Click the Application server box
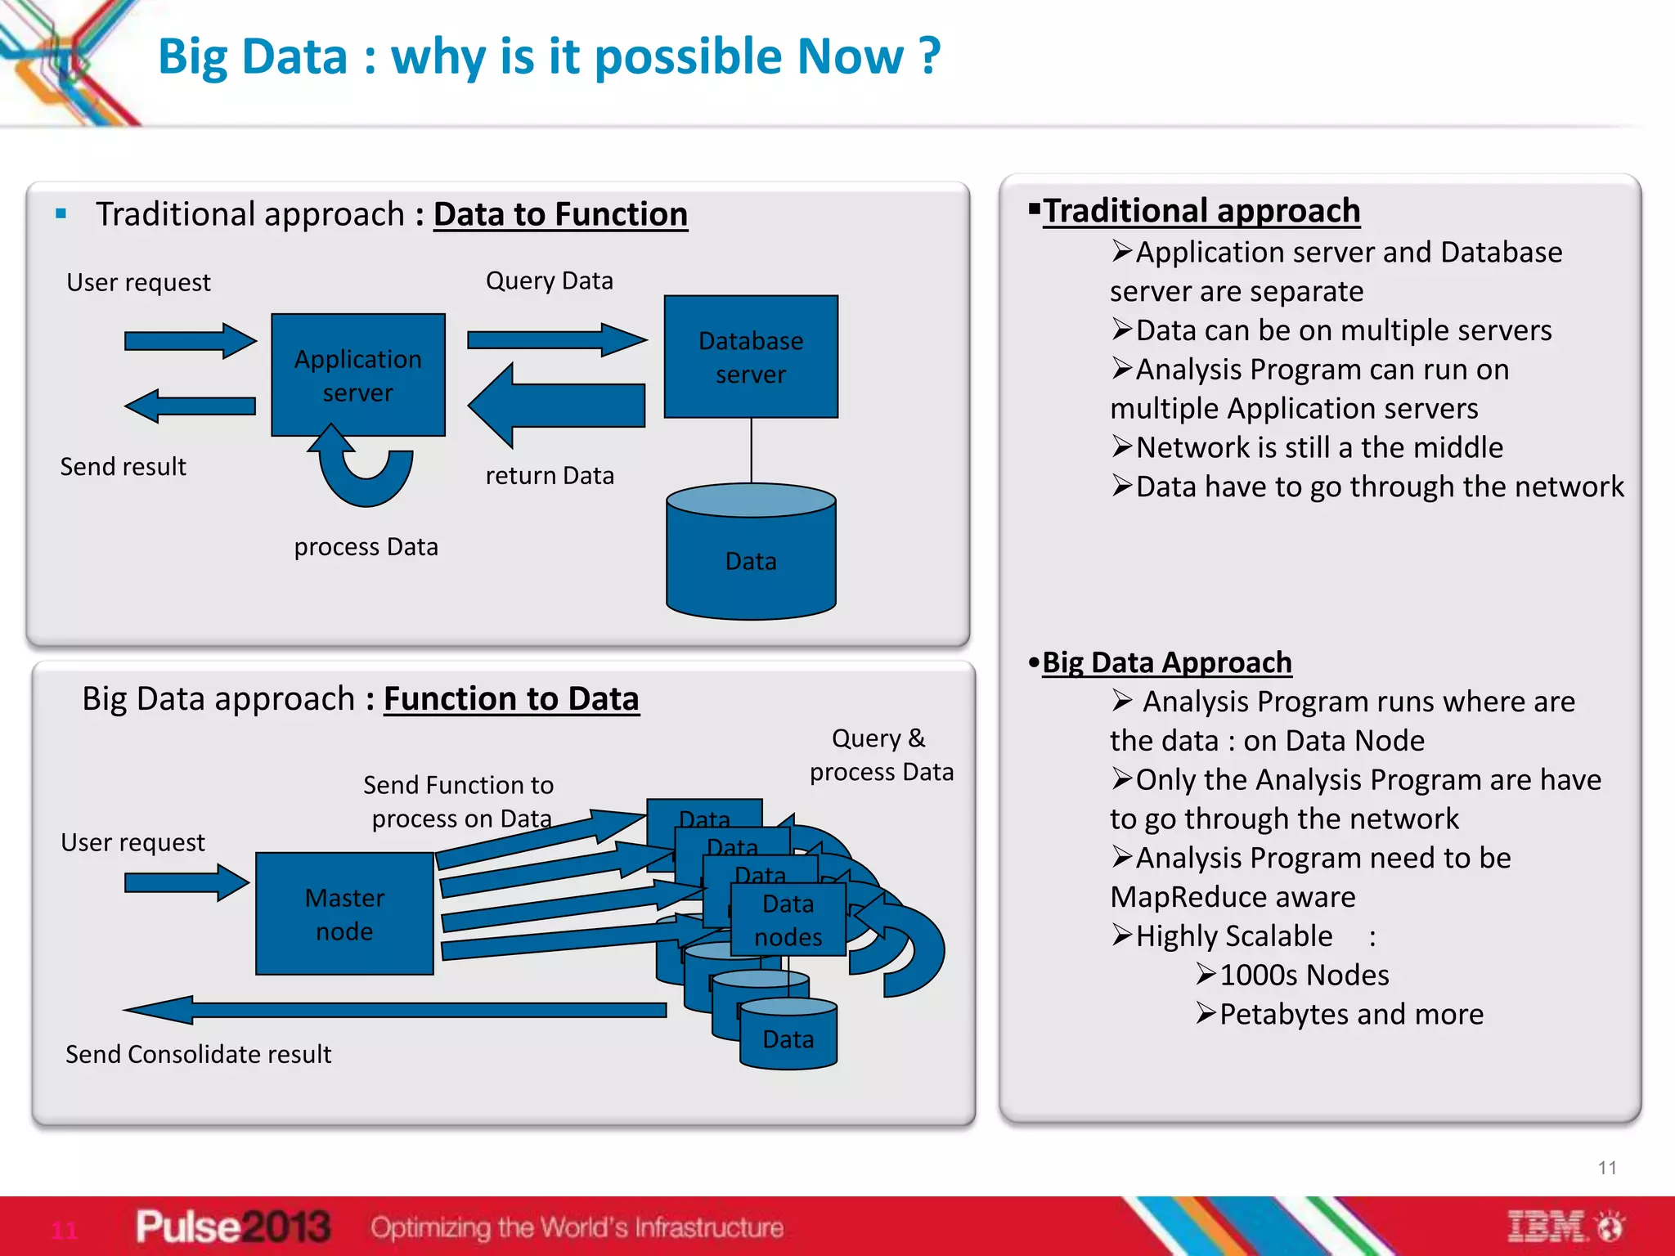tap(357, 375)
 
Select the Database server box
tap(751, 357)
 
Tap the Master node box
tap(344, 913)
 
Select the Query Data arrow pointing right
tap(556, 339)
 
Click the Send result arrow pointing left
tap(190, 406)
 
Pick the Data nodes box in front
tap(788, 920)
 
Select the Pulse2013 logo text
tap(233, 1227)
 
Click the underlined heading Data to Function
tap(560, 214)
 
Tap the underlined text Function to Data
tap(511, 699)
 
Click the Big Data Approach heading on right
tap(1166, 662)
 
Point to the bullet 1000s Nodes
tap(1304, 975)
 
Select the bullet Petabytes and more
tap(1350, 1014)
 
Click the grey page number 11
tap(1607, 1168)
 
